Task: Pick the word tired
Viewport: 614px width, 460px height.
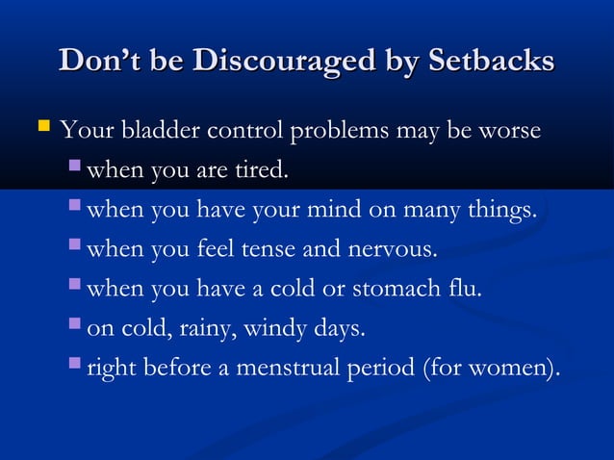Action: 260,172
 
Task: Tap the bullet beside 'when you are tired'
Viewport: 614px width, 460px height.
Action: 76,170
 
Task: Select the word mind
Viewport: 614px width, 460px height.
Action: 356,211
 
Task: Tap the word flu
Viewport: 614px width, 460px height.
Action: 465,289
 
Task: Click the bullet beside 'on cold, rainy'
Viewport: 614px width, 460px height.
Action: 76,327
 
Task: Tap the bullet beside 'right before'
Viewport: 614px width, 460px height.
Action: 76,367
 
